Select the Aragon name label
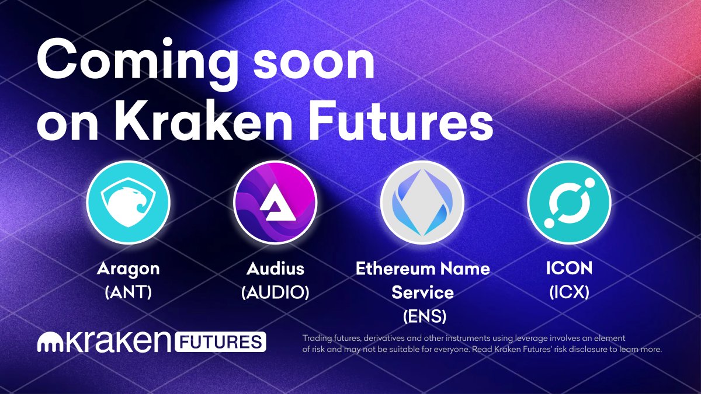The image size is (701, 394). pos(128,269)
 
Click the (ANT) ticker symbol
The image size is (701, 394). pos(128,292)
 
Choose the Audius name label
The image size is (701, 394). pos(275,269)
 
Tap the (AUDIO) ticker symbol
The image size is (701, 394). pos(275,292)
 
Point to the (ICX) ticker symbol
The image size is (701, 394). pos(569,292)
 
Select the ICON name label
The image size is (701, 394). pos(569,269)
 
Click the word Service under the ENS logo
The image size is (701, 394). pos(423,292)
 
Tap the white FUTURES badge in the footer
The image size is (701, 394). pos(220,342)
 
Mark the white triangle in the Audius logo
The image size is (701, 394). pos(275,201)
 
